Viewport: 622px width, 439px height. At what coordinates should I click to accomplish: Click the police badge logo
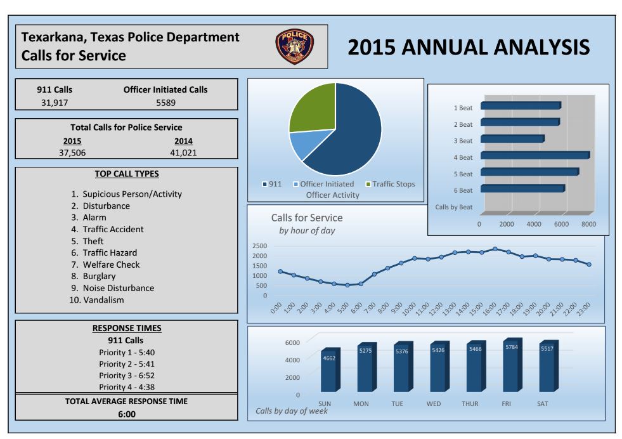(294, 47)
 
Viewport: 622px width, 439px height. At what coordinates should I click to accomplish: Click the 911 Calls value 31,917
(55, 102)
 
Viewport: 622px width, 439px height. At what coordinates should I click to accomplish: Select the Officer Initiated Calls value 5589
(165, 102)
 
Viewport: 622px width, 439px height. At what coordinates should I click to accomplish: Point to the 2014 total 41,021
(183, 152)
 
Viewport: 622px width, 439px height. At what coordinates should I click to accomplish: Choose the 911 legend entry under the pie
(272, 184)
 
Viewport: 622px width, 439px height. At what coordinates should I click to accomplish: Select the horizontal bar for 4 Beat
(535, 155)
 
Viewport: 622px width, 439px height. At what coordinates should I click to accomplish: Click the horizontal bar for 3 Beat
(512, 138)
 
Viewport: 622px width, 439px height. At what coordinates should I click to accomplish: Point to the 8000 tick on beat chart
(588, 224)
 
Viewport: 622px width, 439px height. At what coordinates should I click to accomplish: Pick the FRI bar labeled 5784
(511, 366)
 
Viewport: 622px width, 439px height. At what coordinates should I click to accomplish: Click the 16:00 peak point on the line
(495, 249)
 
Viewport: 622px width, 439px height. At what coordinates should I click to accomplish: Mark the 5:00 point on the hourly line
(347, 285)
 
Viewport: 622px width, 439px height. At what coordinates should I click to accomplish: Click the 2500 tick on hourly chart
(259, 246)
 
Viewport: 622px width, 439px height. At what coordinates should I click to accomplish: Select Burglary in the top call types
(99, 276)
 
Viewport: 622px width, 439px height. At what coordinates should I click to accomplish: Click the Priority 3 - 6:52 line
(127, 375)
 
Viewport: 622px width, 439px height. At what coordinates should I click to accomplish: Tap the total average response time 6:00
(126, 414)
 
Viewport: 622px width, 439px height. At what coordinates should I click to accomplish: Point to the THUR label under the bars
(470, 403)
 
